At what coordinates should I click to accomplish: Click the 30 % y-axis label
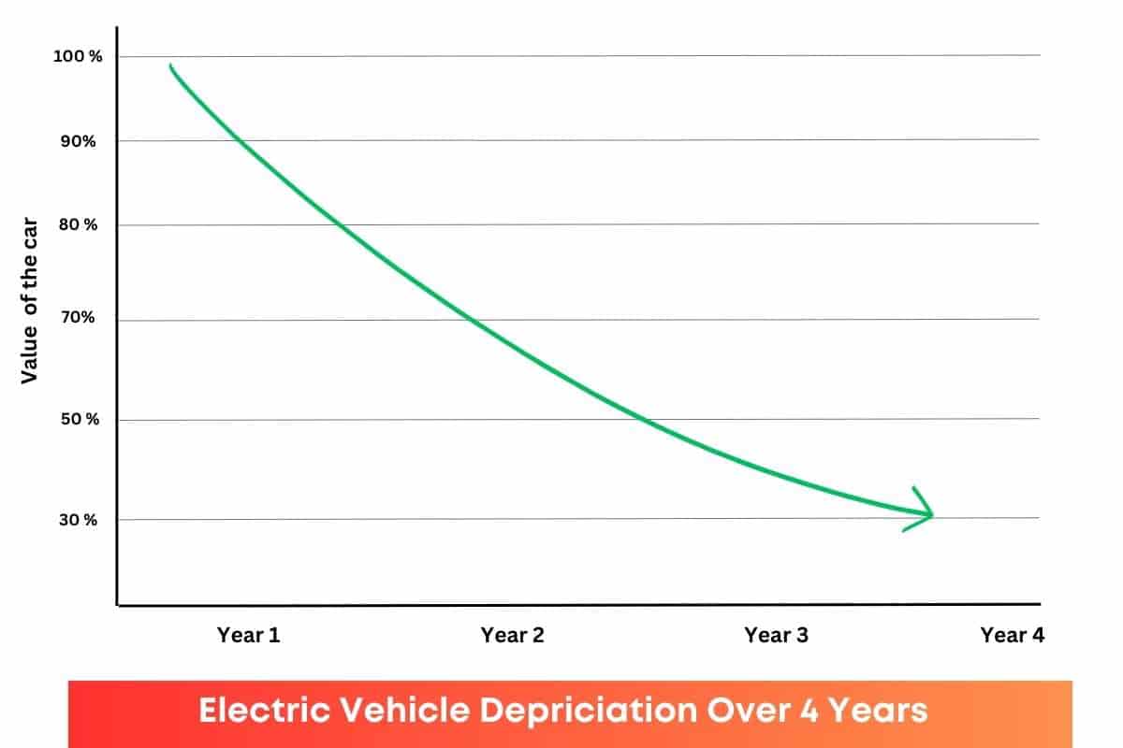[x=79, y=520]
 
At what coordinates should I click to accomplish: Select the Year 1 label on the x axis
[x=249, y=635]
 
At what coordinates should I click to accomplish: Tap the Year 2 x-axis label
[x=512, y=635]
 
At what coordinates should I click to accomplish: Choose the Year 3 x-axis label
[x=776, y=635]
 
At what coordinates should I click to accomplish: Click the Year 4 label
[x=1012, y=635]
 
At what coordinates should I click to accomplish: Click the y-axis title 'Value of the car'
[x=29, y=309]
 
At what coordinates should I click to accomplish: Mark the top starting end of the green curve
[x=171, y=66]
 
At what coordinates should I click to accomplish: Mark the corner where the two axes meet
[x=117, y=605]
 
